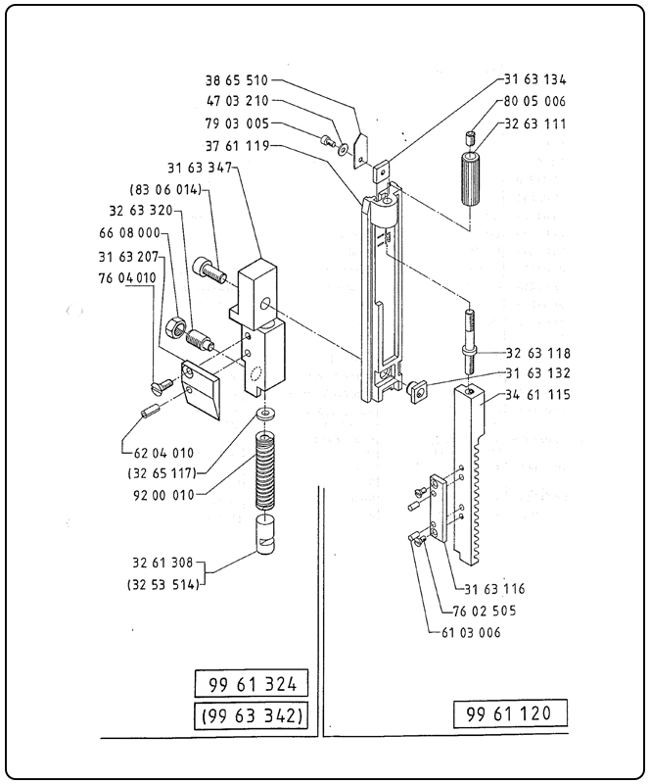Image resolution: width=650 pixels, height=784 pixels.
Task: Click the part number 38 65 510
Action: pos(236,80)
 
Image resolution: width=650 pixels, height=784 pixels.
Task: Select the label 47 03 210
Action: pos(236,102)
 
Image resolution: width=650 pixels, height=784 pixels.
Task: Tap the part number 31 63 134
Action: pos(534,80)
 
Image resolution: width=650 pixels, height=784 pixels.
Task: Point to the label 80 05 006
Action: pos(534,102)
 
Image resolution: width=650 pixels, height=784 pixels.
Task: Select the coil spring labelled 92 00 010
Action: pos(267,470)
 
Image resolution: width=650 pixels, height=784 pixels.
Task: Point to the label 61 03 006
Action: pos(466,632)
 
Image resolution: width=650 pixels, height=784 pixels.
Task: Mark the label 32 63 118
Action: pos(538,352)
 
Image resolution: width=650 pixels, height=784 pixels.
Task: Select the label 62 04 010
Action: pos(162,452)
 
